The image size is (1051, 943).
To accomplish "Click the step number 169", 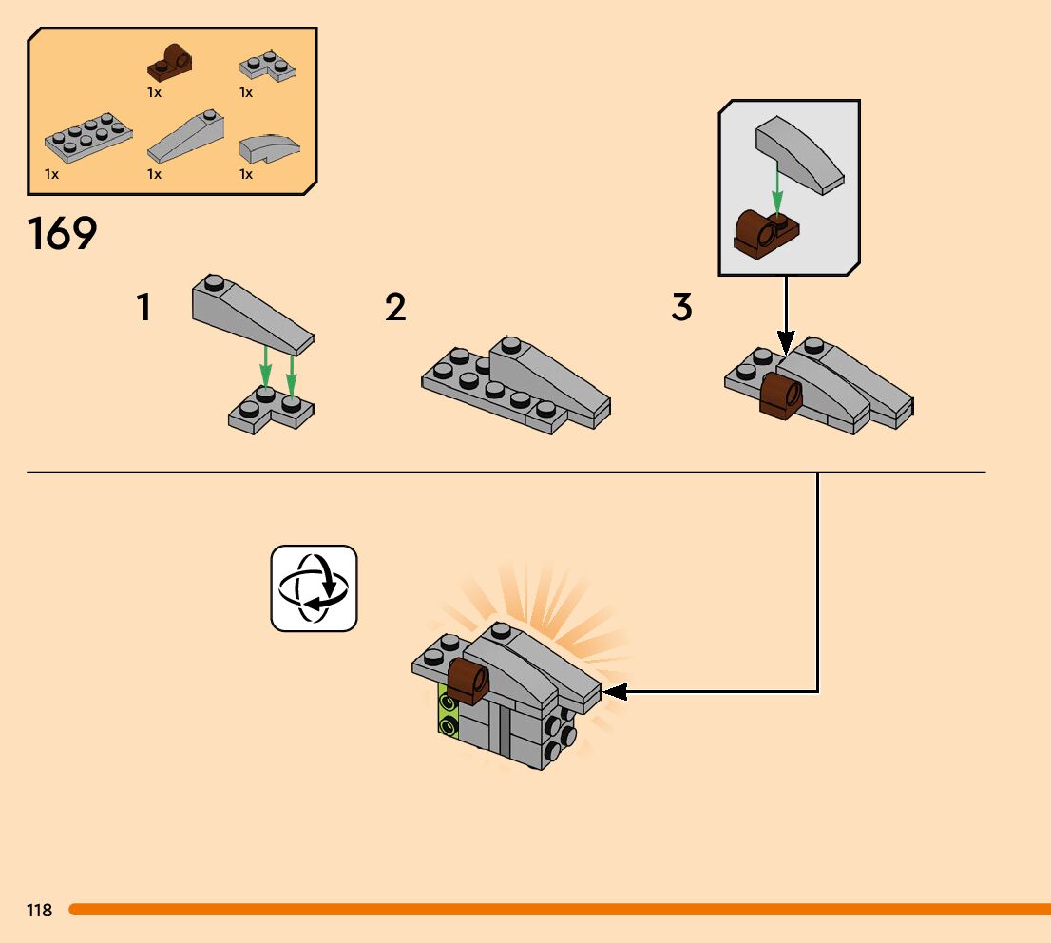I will tap(63, 234).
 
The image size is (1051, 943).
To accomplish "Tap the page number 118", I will tap(40, 911).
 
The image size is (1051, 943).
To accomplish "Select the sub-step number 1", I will tap(144, 308).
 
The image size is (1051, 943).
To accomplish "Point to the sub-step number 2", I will tap(395, 308).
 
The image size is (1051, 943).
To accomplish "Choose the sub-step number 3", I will tap(682, 308).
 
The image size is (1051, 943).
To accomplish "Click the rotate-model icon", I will tap(315, 587).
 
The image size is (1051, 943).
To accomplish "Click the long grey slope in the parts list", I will tap(187, 139).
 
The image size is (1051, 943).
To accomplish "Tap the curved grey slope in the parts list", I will tap(269, 148).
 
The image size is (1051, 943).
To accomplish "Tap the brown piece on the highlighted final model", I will tap(468, 681).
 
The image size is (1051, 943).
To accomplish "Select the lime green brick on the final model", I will tap(447, 713).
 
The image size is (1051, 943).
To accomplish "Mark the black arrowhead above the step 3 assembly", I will tap(786, 340).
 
